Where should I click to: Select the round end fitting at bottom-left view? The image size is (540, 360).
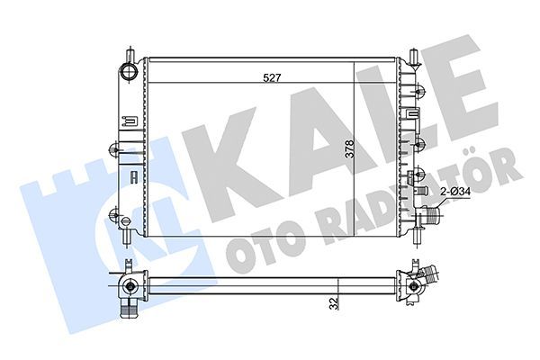pyautogui.click(x=130, y=287)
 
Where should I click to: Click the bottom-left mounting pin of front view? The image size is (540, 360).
pyautogui.click(x=127, y=237)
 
